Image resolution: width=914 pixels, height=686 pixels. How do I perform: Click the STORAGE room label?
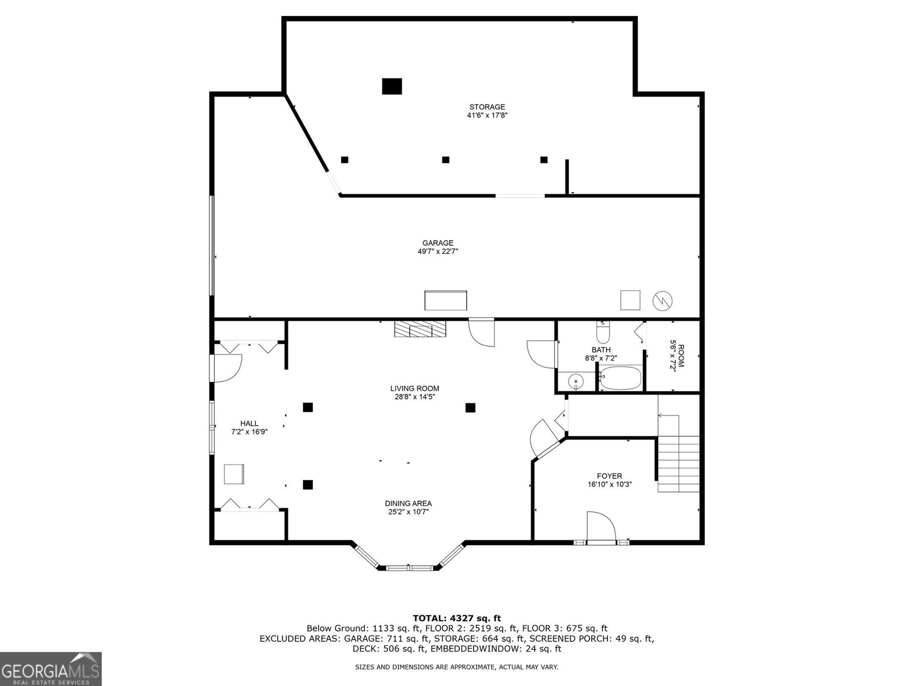487,107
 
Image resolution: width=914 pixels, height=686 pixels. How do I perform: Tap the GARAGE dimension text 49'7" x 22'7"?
438,252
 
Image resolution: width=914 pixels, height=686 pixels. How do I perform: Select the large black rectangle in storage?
392,86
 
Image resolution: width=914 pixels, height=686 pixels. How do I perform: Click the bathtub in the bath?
621,378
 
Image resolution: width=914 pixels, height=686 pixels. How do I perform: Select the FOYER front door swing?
601,526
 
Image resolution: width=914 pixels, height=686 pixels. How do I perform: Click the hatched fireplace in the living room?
420,329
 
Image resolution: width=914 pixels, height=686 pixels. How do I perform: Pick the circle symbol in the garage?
663,301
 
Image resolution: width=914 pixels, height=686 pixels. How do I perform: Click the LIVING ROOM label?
415,389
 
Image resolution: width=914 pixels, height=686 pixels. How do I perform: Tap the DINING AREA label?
408,504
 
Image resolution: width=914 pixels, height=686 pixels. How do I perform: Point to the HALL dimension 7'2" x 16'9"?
249,432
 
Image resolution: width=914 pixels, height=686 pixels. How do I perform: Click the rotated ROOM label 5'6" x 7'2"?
676,356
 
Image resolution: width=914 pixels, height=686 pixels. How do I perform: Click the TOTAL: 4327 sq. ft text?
456,618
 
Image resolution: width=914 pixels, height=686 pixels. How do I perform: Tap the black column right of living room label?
470,408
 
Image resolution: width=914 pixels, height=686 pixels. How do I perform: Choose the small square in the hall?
234,474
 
